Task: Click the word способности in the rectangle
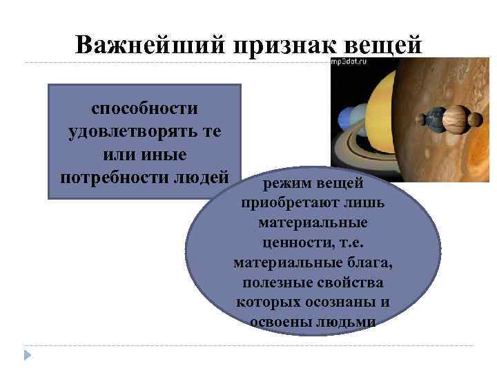[144, 108]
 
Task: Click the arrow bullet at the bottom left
[28, 354]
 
